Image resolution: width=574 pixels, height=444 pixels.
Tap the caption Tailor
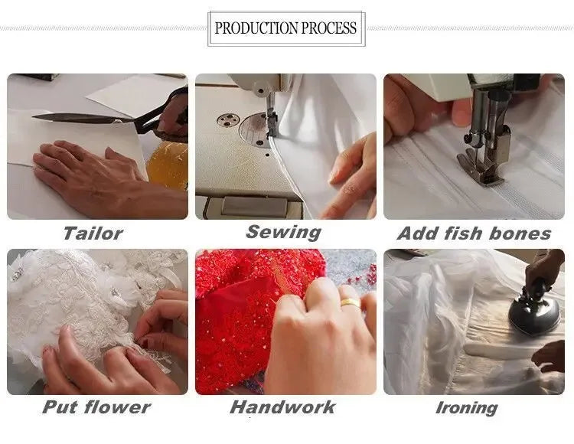point(93,233)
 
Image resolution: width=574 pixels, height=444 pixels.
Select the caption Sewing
point(284,233)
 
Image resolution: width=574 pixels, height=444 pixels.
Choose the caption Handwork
point(282,407)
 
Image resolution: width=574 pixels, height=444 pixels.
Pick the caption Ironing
point(467,408)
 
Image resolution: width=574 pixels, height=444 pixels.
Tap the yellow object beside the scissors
point(168,165)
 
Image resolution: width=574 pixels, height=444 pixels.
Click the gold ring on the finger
point(351,302)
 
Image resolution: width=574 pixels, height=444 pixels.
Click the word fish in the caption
point(463,233)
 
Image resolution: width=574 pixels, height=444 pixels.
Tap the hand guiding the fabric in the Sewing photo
point(351,176)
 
